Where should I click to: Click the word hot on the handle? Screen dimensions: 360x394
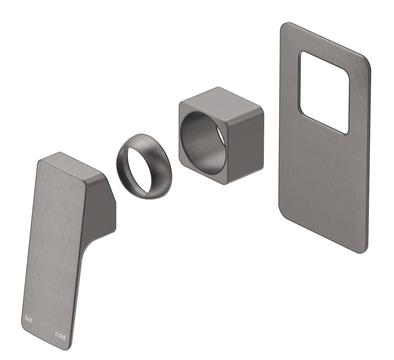pos(28,318)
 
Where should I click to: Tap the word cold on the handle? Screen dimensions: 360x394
pos(60,337)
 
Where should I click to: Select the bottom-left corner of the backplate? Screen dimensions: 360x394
pos(282,208)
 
